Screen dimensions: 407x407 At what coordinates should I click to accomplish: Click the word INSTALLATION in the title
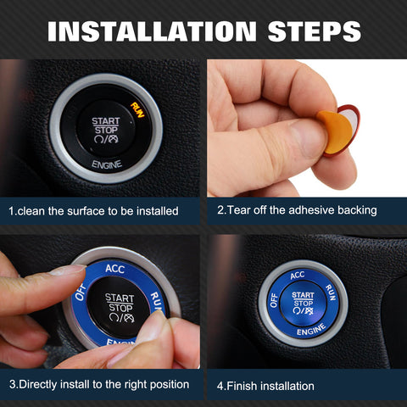pyautogui.click(x=151, y=31)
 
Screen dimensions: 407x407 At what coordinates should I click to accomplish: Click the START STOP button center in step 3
pyautogui.click(x=120, y=307)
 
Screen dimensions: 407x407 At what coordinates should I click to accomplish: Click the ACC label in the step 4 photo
pyautogui.click(x=297, y=276)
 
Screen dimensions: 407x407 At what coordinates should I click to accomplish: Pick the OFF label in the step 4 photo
pyautogui.click(x=274, y=298)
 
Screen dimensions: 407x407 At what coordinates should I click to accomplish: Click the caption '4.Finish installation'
pyautogui.click(x=265, y=386)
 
